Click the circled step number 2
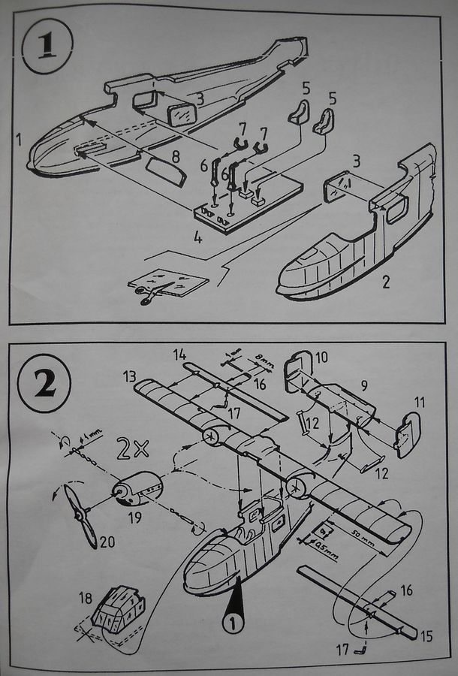tap(46, 385)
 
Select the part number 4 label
tap(197, 238)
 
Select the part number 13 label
tap(130, 374)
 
